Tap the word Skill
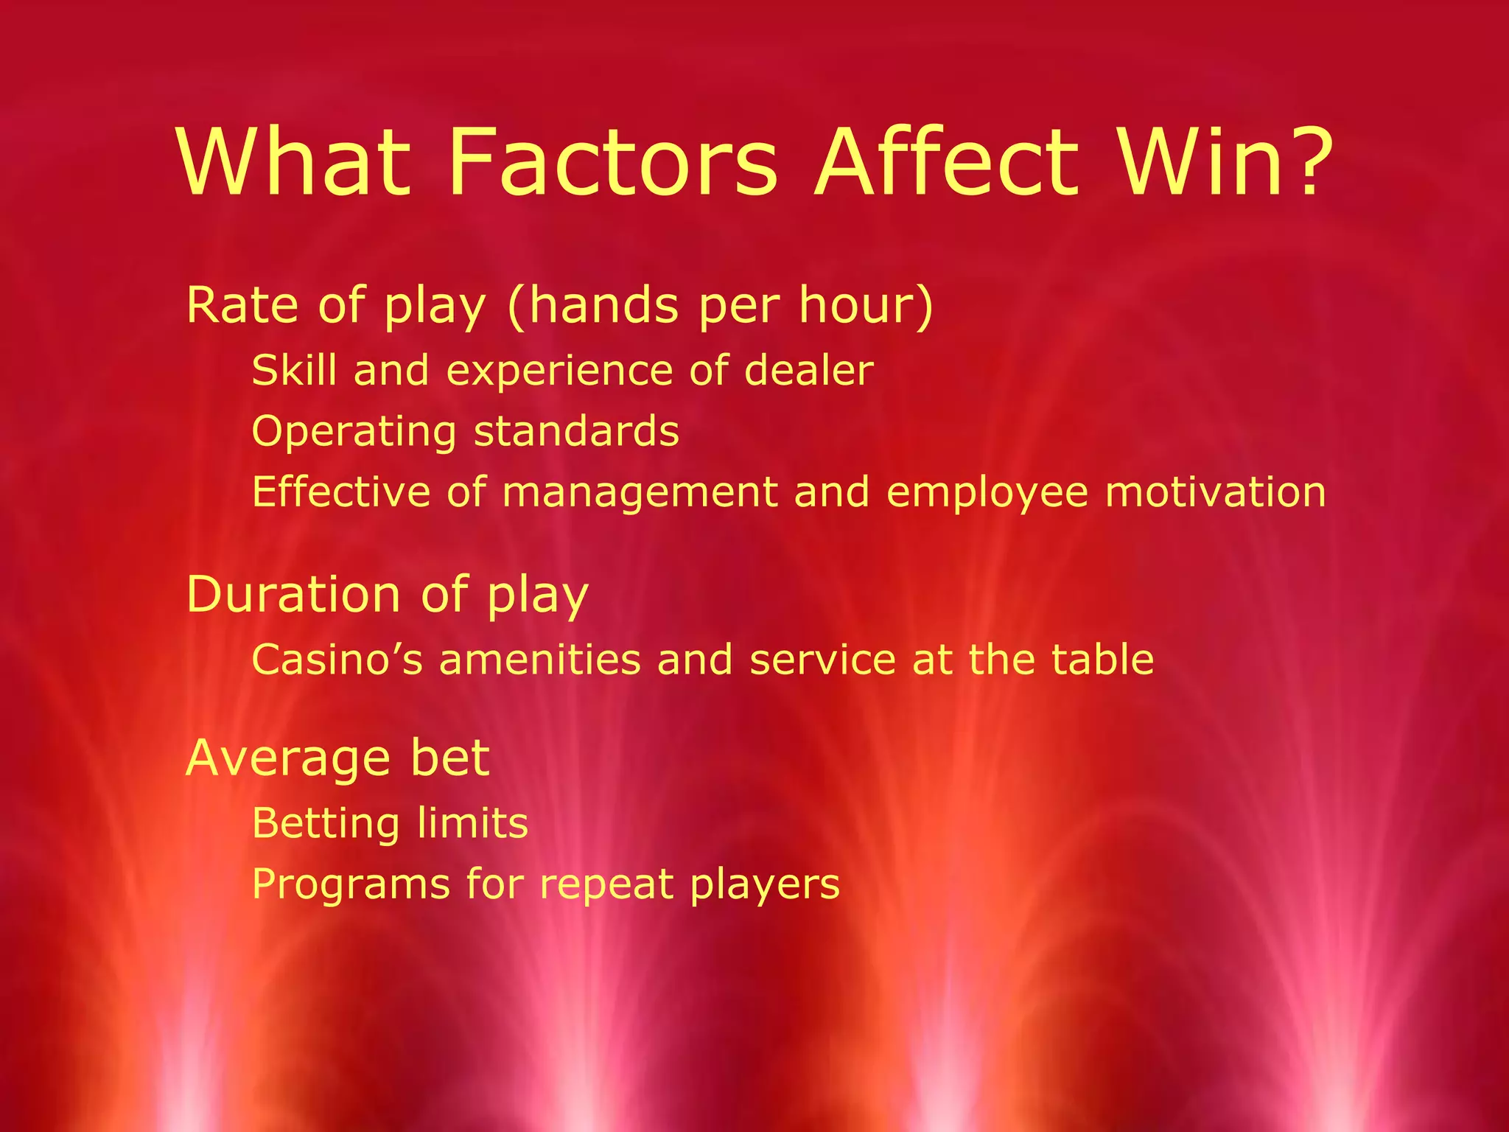tap(294, 370)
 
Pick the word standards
tap(576, 431)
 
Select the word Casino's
tap(337, 659)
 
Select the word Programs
tap(350, 884)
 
